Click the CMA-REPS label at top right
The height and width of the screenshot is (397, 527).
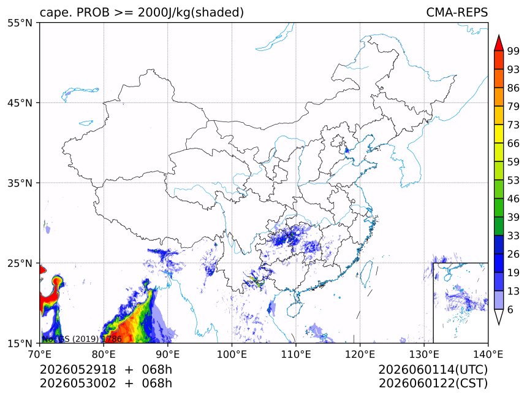[457, 12]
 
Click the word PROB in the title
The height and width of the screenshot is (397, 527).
[93, 12]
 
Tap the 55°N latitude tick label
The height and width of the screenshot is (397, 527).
[20, 23]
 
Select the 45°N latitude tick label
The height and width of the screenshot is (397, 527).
[20, 102]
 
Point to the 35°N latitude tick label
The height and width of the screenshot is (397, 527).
[20, 183]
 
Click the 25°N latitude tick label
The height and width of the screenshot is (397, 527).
[20, 263]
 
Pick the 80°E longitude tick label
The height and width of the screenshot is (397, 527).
[104, 354]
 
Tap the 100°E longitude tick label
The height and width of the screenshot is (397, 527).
[232, 354]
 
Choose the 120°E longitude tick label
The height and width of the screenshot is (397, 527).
[360, 354]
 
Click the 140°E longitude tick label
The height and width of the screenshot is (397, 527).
[488, 354]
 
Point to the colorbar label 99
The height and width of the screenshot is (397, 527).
[514, 51]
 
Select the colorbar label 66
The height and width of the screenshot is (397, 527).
[514, 144]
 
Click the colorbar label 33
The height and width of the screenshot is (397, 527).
[514, 236]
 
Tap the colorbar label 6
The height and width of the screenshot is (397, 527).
[510, 309]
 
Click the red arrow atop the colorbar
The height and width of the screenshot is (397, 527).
[499, 43]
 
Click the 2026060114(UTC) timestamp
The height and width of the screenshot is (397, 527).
[433, 369]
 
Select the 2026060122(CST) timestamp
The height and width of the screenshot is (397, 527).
[433, 383]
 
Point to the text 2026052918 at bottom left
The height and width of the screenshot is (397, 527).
[78, 369]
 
